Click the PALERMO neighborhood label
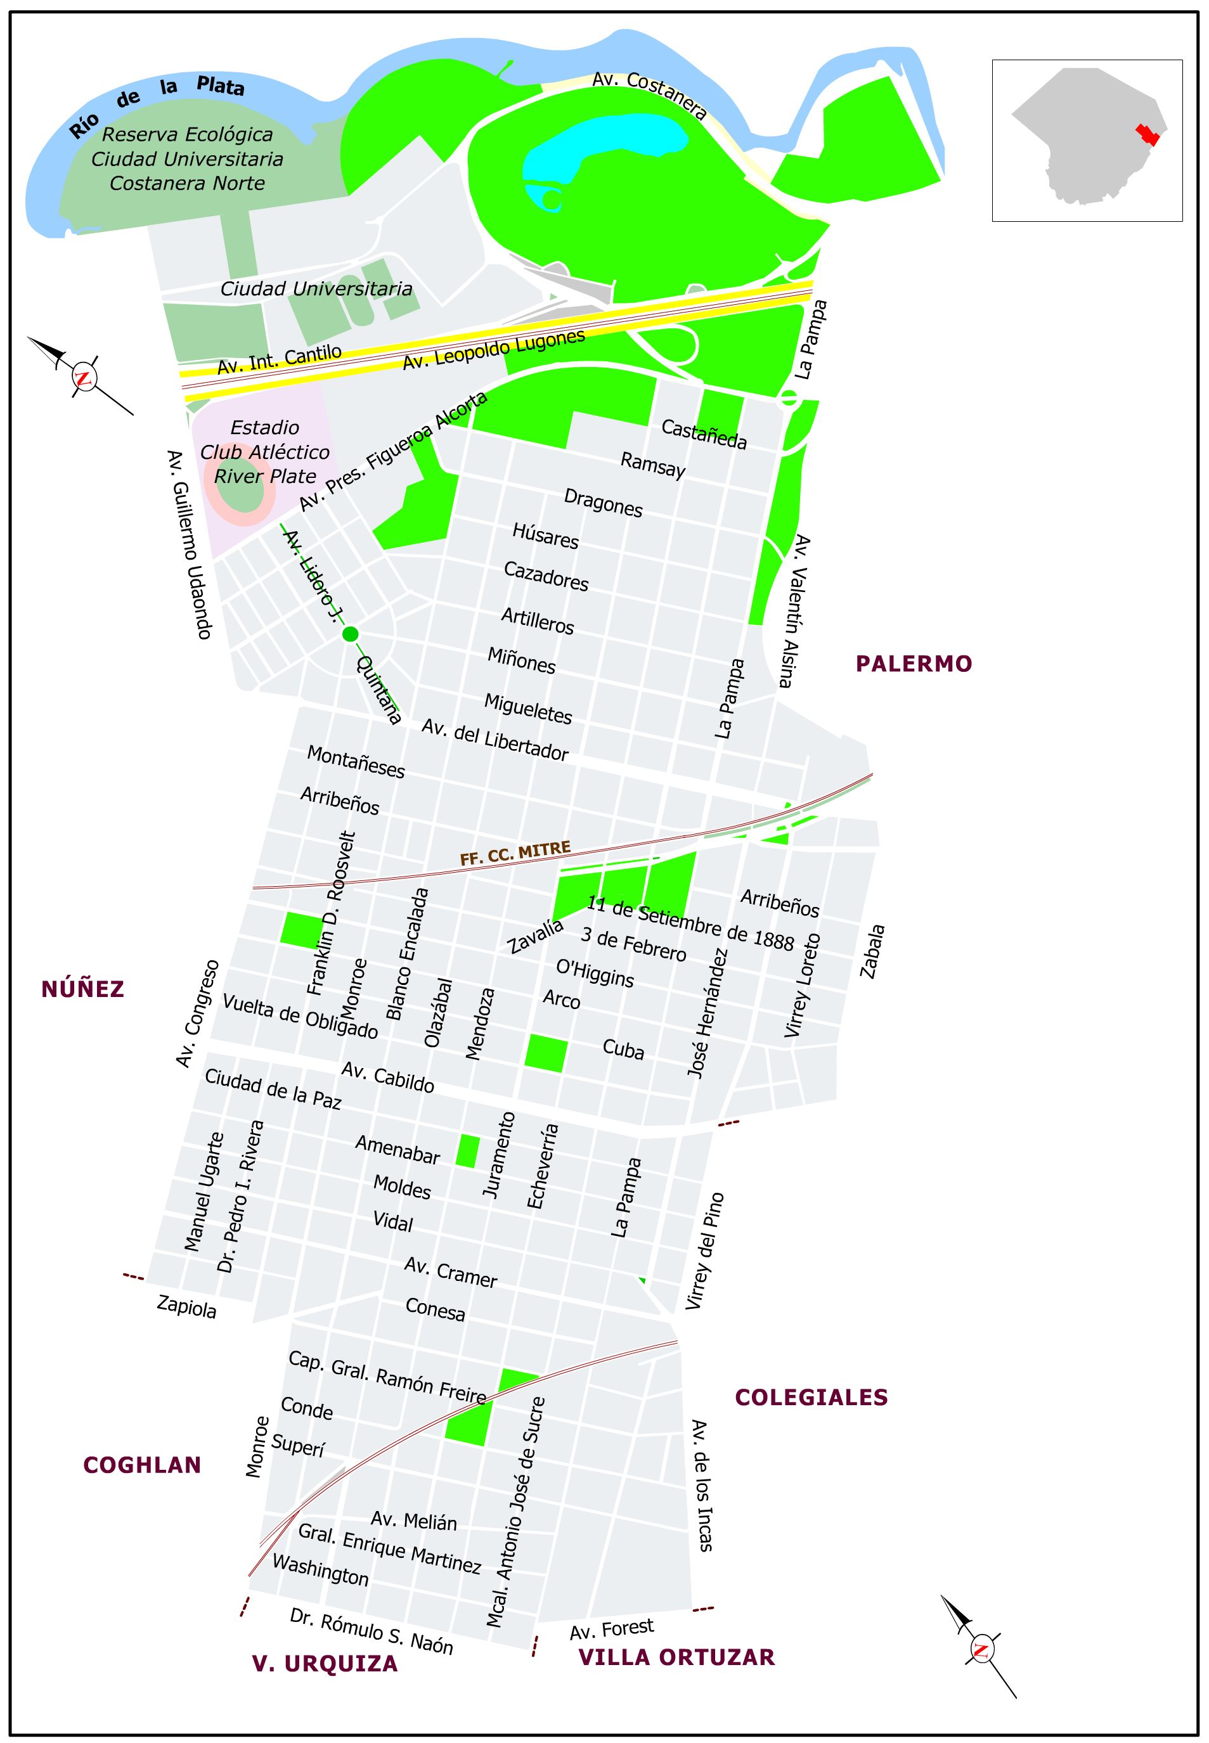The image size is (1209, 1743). click(914, 664)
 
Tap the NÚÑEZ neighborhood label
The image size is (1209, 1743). click(82, 989)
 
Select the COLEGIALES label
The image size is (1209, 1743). click(811, 1397)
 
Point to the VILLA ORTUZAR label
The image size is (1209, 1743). click(676, 1657)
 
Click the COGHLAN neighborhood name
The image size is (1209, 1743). click(141, 1465)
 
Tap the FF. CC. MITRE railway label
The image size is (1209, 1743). click(515, 854)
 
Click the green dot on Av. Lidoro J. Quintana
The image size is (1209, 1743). click(350, 634)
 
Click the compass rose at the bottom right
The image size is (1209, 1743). click(980, 1650)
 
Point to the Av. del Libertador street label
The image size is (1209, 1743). click(495, 739)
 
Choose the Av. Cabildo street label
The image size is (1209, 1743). click(387, 1077)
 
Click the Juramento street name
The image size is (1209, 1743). click(499, 1154)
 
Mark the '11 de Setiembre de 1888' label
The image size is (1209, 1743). click(690, 923)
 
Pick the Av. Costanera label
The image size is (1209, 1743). click(649, 96)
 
